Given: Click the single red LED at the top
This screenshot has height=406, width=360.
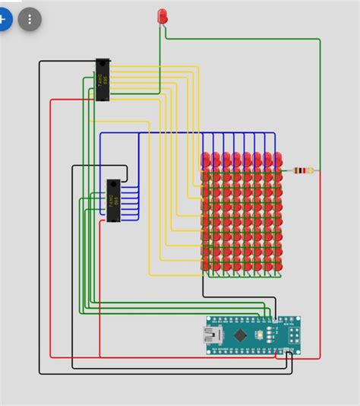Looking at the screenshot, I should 162,15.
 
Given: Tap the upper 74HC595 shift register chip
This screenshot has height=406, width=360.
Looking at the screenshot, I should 104,79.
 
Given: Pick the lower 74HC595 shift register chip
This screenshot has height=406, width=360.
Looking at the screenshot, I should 113,201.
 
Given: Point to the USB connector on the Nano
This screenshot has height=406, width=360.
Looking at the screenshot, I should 209,335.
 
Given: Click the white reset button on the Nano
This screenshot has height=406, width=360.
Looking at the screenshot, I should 261,335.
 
